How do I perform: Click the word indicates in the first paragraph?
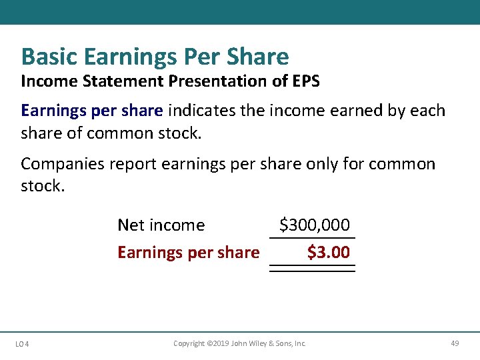[202, 110]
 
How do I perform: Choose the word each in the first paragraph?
[427, 110]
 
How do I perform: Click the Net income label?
[161, 225]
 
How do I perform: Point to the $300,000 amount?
[314, 225]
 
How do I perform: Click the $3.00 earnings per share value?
[328, 253]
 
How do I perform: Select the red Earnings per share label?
[188, 253]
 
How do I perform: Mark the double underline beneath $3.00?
[312, 269]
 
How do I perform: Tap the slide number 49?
[455, 343]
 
